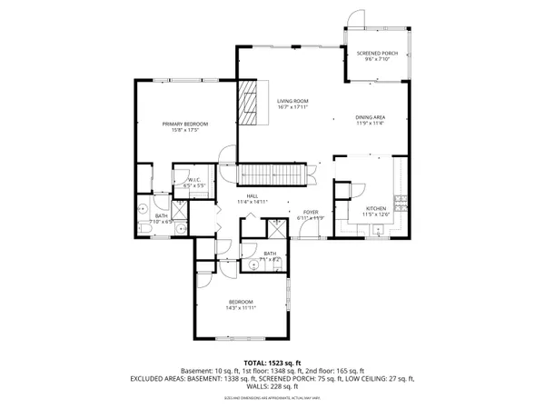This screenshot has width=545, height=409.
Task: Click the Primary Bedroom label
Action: (185, 124)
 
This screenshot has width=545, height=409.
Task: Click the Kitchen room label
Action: (376, 208)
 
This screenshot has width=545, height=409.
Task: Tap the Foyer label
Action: (311, 213)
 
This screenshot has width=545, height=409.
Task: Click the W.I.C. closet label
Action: (194, 181)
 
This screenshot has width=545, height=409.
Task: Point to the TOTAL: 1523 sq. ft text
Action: (272, 362)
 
